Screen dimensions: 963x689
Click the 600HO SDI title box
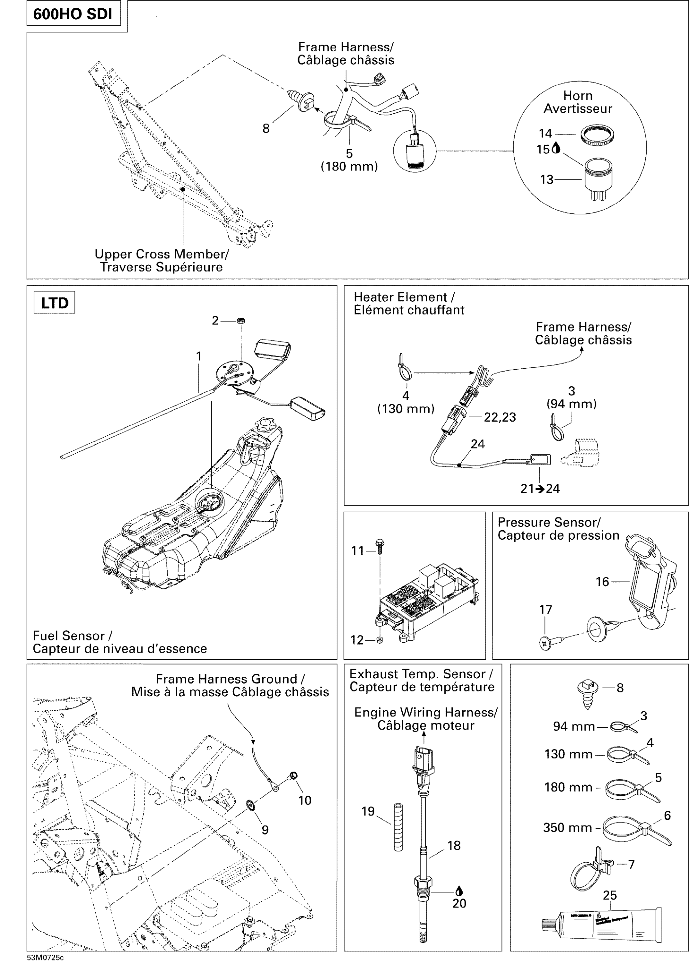[73, 14]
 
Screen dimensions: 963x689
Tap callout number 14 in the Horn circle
[545, 134]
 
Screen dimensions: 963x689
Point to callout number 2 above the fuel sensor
[215, 321]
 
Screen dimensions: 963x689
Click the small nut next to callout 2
[240, 320]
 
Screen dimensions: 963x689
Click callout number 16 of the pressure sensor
[602, 582]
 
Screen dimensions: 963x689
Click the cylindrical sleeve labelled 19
[398, 827]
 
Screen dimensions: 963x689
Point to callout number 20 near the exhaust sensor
[459, 903]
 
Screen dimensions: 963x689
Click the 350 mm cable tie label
[567, 828]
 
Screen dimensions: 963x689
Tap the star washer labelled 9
[250, 804]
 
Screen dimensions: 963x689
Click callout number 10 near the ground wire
[305, 800]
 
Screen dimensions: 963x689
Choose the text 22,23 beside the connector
[500, 417]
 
